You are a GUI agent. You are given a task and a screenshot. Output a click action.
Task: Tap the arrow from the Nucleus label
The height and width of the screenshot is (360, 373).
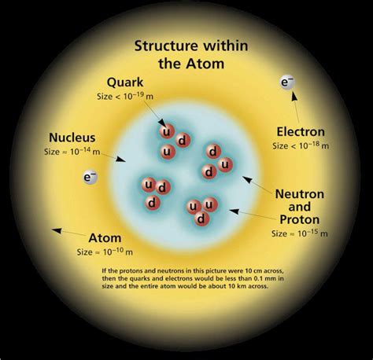(114, 157)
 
